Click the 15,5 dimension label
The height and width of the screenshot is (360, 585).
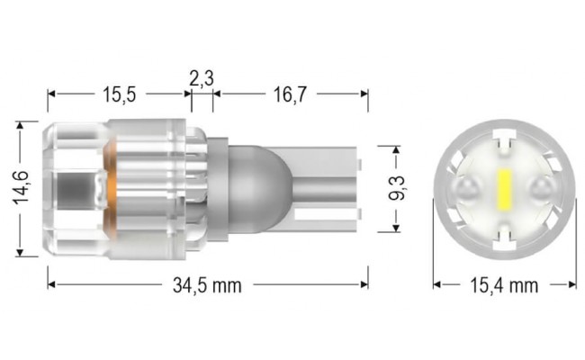click(x=118, y=93)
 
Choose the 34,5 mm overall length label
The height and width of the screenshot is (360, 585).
click(x=207, y=286)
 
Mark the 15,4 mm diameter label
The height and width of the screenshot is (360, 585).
click(x=504, y=286)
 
